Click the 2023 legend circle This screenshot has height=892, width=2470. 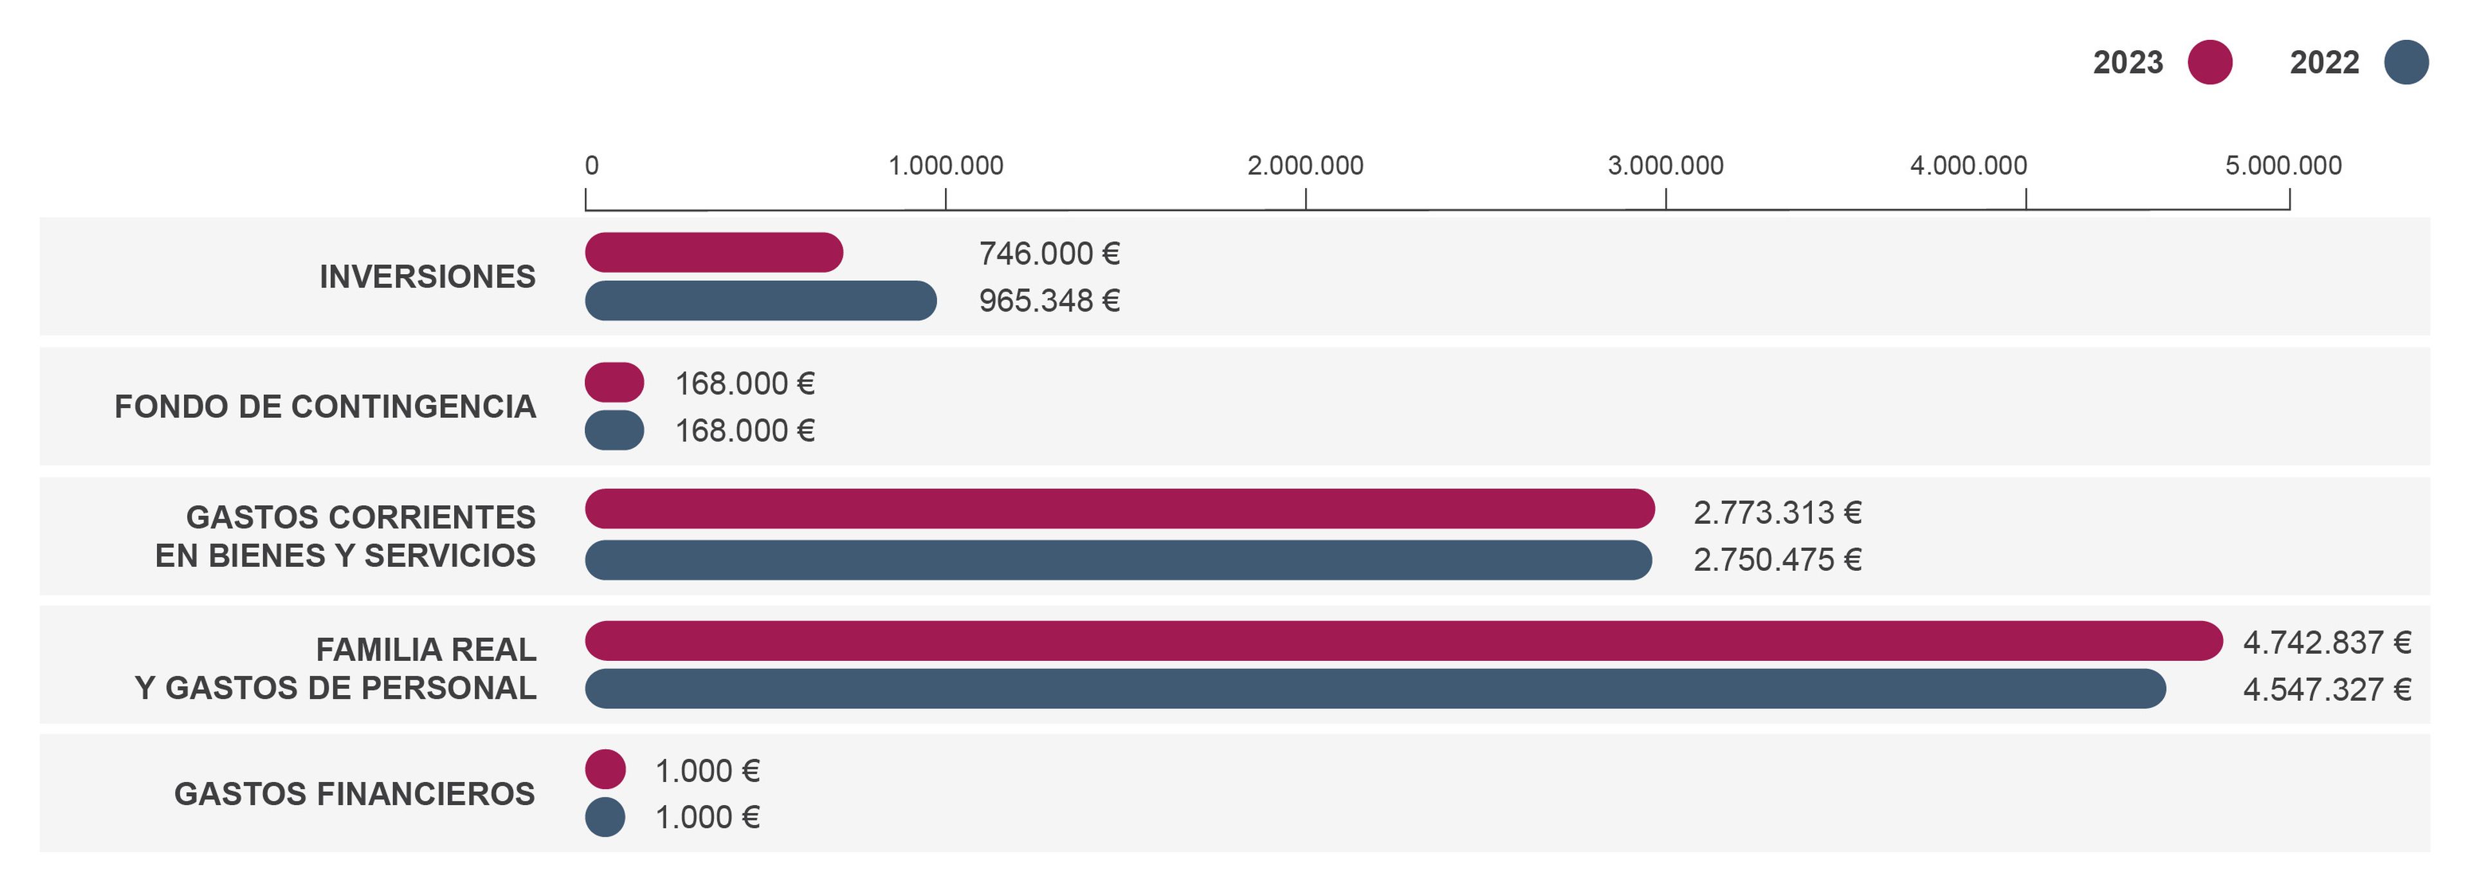pos(2209,62)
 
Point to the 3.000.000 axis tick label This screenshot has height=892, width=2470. pos(1665,166)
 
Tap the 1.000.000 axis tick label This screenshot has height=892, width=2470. pos(946,166)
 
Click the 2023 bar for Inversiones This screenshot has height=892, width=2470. pos(713,252)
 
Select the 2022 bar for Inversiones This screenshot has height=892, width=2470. pos(760,300)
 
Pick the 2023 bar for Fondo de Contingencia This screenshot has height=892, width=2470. pos(614,382)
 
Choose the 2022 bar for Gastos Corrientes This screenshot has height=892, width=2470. pos(1118,559)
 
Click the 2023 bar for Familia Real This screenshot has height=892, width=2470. pos(1403,641)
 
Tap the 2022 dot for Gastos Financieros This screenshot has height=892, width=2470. pos(605,817)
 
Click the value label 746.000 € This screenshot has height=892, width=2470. pos(1049,253)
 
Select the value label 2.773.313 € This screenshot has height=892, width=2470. pos(1777,513)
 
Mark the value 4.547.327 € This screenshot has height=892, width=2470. pos(2326,690)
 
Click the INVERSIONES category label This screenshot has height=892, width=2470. pos(428,276)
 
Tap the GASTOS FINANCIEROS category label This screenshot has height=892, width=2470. pos(355,794)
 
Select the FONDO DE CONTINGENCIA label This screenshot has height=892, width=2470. pos(325,407)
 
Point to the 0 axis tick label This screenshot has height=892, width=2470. pos(592,166)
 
